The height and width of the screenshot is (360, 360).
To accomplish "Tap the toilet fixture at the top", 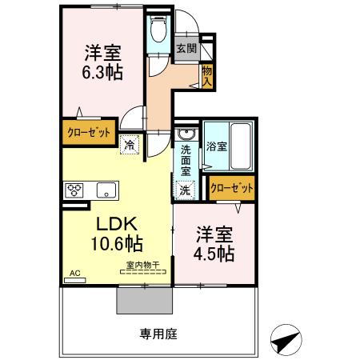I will [157, 30].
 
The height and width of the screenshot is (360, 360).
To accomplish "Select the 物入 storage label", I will [206, 77].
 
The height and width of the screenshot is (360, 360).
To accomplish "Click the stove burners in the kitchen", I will [75, 190].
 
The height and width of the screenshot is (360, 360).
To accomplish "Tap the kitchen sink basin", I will [105, 190].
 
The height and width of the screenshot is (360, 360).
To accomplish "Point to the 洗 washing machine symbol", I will [184, 190].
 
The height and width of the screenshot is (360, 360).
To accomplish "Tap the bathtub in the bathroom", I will [240, 146].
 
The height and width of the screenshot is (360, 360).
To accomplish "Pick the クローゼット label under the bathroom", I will [231, 189].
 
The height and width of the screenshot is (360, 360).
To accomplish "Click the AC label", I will [74, 274].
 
